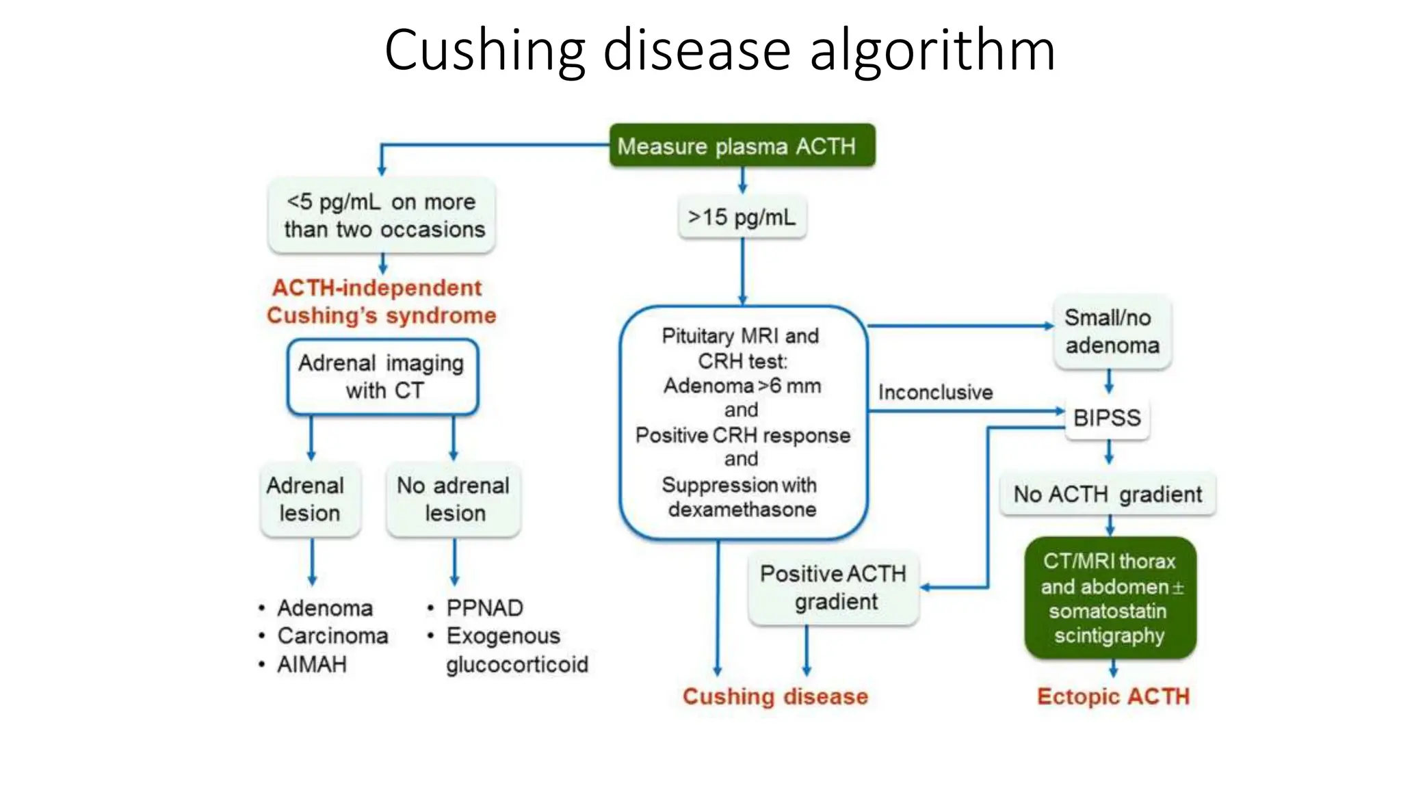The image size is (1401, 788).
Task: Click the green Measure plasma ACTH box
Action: coord(742,146)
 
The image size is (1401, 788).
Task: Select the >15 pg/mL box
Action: coord(742,218)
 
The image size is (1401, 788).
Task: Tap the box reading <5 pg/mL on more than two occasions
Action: coord(383,215)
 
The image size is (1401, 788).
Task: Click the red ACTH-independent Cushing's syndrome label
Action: coord(380,302)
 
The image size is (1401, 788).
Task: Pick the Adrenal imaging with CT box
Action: coord(382,377)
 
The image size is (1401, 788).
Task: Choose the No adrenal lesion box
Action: coord(454,499)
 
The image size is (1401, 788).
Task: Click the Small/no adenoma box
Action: coord(1112,332)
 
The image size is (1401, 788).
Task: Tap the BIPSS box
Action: coord(1108,418)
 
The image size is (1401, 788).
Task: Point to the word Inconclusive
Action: coord(935,393)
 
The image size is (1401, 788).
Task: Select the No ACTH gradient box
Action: coord(1108,494)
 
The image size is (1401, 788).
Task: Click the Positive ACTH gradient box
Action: coord(833,588)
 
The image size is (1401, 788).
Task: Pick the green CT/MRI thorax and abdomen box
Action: coord(1110,599)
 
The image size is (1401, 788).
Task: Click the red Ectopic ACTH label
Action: coord(1113,696)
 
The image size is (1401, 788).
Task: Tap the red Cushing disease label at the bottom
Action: coord(775,696)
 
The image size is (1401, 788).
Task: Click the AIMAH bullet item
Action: coord(312,664)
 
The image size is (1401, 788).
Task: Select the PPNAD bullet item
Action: coord(484,608)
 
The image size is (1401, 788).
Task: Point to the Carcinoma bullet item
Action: coord(332,636)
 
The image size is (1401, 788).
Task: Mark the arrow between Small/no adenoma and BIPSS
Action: coord(1109,382)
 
